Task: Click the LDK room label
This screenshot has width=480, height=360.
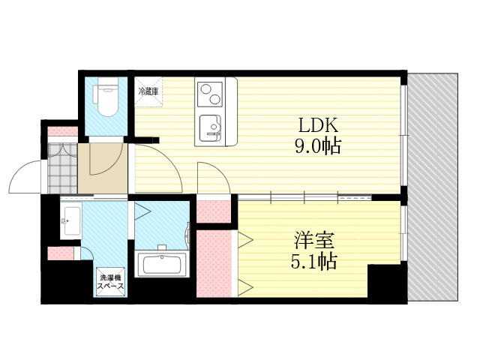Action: point(318,124)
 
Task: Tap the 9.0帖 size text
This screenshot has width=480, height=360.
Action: point(318,146)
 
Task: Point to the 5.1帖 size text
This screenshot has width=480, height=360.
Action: point(313,261)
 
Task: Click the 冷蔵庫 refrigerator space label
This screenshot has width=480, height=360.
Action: point(148,91)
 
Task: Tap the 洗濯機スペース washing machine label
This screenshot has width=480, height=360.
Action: point(110,282)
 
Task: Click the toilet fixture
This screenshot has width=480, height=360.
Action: point(105,97)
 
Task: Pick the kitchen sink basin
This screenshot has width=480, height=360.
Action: point(210,128)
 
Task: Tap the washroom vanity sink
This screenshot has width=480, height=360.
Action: point(70,220)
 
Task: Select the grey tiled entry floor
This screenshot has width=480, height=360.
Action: point(62,168)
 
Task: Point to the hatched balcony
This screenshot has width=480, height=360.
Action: point(433,187)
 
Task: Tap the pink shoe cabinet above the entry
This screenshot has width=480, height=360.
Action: point(63,131)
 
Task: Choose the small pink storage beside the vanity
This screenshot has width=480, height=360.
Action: point(61,253)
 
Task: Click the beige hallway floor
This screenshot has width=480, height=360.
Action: point(103,168)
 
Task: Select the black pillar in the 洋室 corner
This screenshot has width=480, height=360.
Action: point(387,283)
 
